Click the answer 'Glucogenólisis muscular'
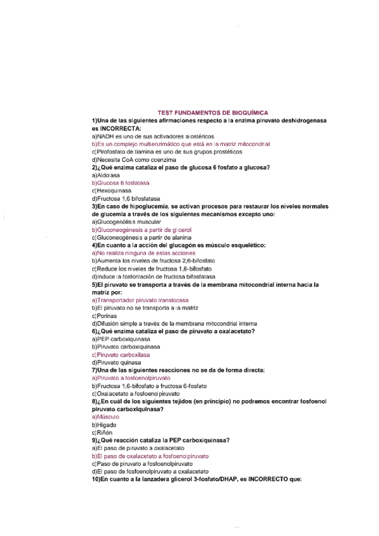click(x=126, y=222)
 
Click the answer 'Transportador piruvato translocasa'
click(x=145, y=300)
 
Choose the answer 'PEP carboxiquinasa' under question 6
click(x=120, y=339)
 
